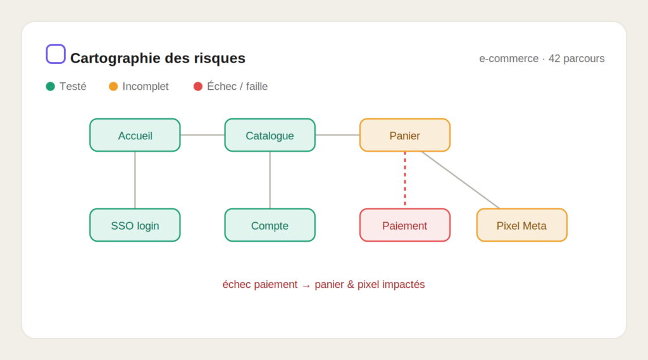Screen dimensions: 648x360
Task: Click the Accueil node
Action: coord(135,135)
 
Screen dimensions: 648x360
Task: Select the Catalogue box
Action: coord(270,135)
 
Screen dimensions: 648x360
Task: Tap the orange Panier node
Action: coord(405,135)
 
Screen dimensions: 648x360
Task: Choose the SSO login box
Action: coord(135,225)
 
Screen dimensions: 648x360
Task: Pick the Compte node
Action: coord(270,225)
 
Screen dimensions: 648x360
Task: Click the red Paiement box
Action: coord(405,225)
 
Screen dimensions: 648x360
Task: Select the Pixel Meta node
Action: coord(522,225)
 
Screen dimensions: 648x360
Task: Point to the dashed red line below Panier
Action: coord(405,180)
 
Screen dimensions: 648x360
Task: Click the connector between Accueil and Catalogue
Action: coord(202,135)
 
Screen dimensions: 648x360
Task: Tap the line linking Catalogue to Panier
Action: coord(338,135)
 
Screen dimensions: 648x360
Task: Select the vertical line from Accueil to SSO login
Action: coord(135,180)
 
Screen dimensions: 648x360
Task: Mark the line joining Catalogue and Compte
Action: coord(270,180)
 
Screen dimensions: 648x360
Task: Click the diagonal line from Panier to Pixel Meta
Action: coord(461,180)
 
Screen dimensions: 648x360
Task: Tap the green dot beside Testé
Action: coord(51,87)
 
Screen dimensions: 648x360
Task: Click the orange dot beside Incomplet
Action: coord(113,87)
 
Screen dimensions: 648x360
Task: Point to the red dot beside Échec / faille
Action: coord(198,87)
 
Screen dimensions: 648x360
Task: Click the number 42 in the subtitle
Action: coord(554,59)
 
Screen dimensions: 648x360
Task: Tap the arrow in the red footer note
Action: coord(306,285)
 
